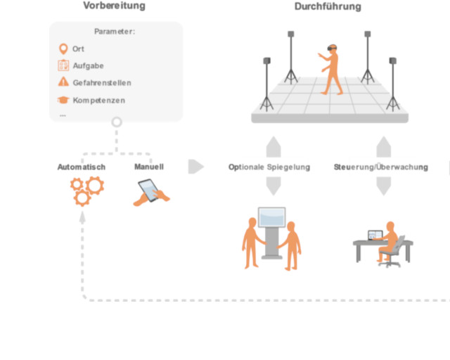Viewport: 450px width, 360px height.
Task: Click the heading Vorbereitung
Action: pos(114,6)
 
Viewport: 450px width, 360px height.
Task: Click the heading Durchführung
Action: pos(328,6)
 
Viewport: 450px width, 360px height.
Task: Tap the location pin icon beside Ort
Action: pos(63,49)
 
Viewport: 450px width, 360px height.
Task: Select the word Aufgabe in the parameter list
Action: pos(89,66)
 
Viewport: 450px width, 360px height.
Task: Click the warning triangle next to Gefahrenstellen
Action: pos(63,83)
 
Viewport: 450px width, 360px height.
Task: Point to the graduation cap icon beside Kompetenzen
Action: pos(63,100)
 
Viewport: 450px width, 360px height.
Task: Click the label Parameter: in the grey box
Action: pos(115,32)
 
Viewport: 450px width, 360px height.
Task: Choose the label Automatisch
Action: pos(82,167)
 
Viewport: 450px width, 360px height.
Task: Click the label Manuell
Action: pos(149,167)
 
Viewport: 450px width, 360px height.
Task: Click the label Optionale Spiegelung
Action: pos(269,167)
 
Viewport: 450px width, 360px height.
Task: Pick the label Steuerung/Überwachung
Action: pos(380,167)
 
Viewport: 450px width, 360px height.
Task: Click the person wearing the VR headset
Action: pos(331,70)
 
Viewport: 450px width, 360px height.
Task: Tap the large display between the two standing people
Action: pos(272,222)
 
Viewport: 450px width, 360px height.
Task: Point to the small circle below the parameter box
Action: pos(117,122)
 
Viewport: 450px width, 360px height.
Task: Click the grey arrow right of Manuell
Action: pos(196,167)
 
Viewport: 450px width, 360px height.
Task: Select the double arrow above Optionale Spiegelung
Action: pos(274,148)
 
